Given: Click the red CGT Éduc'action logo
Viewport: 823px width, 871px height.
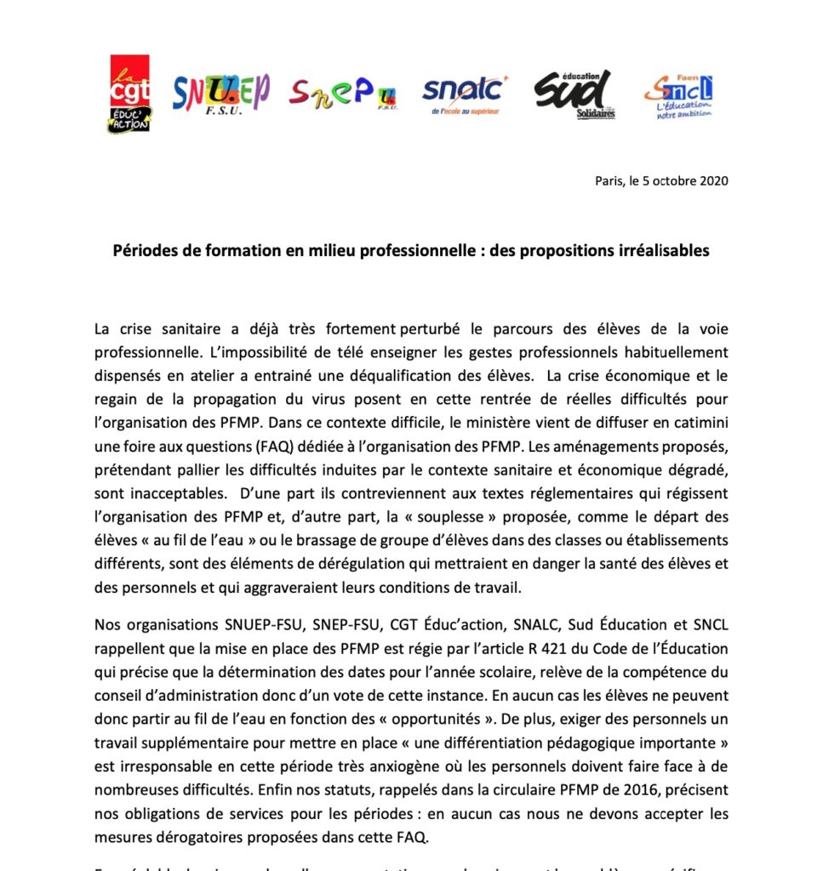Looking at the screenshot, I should pos(129,94).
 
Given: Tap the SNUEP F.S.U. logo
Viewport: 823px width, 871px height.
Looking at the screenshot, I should pos(220,94).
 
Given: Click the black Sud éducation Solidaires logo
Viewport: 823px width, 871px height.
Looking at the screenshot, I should pos(575,94).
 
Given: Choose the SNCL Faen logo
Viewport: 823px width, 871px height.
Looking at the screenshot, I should pos(678,95).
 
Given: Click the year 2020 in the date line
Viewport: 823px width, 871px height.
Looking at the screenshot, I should pos(712,181).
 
